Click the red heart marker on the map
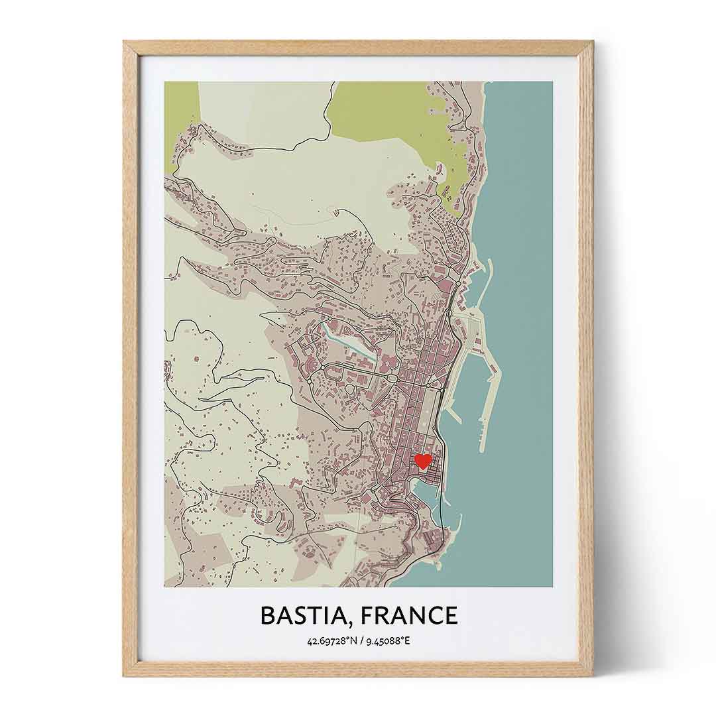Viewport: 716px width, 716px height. [422, 461]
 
